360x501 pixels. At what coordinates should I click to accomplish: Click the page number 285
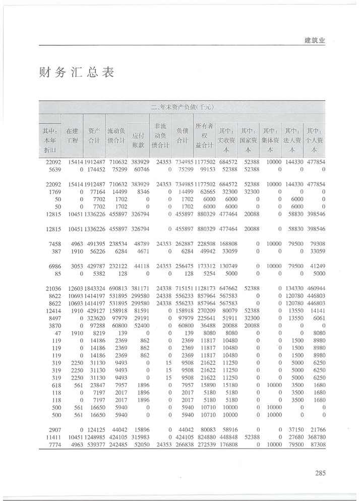click(x=320, y=473)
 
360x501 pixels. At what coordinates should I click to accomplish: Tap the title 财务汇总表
click(x=76, y=73)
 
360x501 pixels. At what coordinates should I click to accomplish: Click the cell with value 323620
click(x=94, y=319)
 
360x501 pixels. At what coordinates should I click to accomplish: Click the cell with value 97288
click(x=94, y=326)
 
